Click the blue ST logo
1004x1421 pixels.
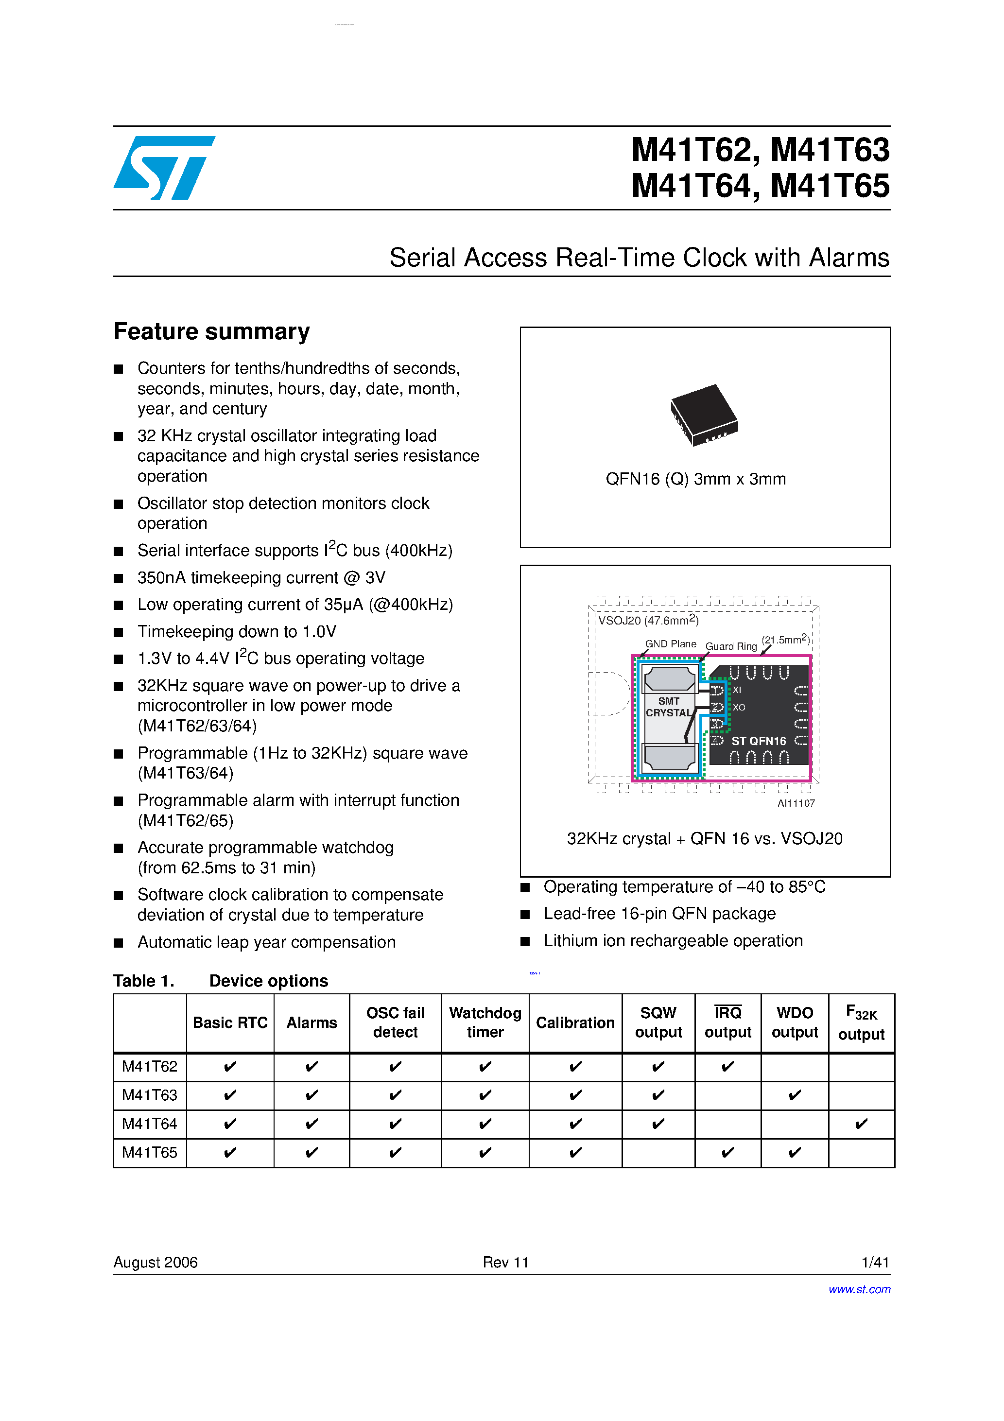[164, 168]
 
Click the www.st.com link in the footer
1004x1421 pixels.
[859, 1289]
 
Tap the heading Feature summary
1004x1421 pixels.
[212, 332]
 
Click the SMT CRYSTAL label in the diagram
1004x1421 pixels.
[669, 707]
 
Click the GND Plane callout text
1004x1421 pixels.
[670, 643]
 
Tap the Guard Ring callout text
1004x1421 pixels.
[731, 646]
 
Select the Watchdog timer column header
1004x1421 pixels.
[485, 1022]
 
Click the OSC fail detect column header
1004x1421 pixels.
[395, 1022]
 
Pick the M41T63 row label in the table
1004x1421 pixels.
[149, 1095]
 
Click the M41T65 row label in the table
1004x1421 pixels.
[149, 1152]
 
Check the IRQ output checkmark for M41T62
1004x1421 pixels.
[728, 1066]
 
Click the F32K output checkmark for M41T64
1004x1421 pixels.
[861, 1124]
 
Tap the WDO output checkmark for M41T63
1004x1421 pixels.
[795, 1095]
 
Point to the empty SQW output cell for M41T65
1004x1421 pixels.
[658, 1152]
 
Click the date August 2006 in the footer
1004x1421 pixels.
[156, 1263]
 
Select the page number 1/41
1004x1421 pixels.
[875, 1263]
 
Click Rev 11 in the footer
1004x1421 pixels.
[506, 1263]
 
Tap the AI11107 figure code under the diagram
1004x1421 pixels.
[796, 803]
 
